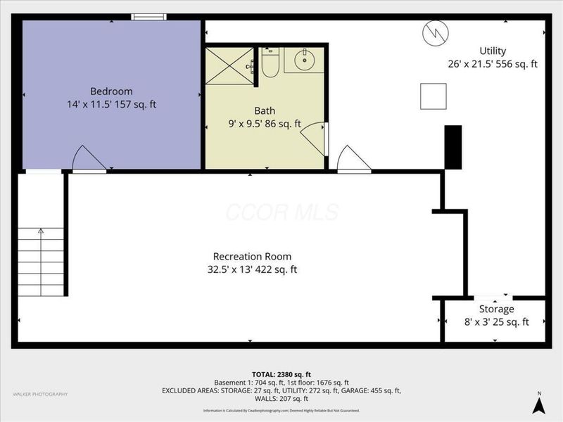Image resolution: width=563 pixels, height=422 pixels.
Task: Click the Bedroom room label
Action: pyautogui.click(x=111, y=91)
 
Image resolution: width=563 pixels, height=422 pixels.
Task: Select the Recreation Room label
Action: pyautogui.click(x=252, y=256)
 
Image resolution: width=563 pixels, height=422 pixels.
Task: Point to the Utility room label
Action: pyautogui.click(x=493, y=51)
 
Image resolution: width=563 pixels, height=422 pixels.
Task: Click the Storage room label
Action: pyautogui.click(x=496, y=309)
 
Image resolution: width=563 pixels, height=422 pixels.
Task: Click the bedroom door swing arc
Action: pyautogui.click(x=88, y=158)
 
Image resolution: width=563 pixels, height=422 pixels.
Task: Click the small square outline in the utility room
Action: pyautogui.click(x=433, y=96)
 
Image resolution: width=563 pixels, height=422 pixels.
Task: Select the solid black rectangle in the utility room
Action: pyautogui.click(x=453, y=146)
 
